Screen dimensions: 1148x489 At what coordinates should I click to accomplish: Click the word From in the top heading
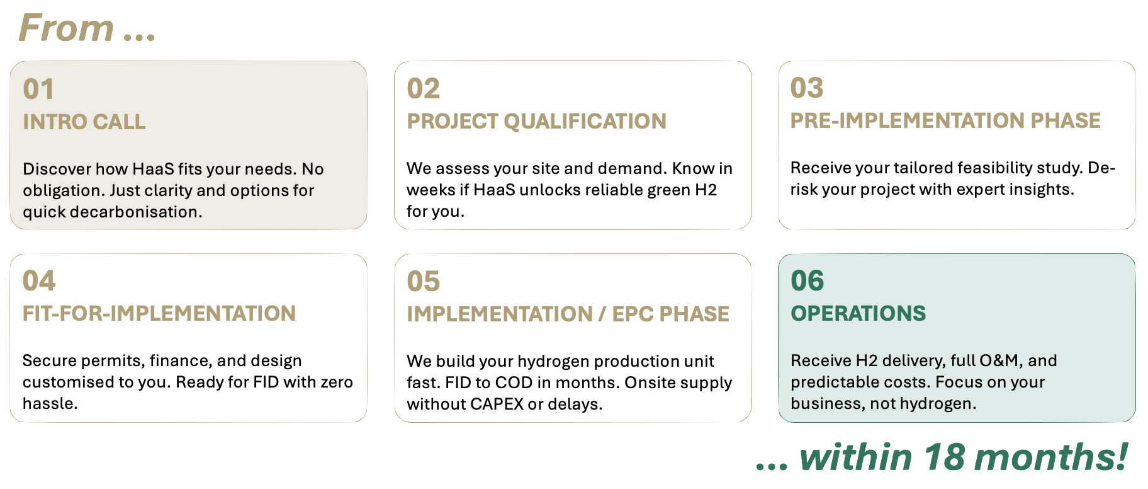66,28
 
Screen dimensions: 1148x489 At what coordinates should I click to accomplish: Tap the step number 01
38,89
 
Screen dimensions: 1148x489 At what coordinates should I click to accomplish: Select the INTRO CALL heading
84,122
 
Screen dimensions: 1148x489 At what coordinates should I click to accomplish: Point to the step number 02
423,89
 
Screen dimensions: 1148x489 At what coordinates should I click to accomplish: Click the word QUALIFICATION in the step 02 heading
585,121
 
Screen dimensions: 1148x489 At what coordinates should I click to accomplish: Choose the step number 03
807,88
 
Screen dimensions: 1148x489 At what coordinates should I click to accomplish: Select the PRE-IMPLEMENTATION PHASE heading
945,120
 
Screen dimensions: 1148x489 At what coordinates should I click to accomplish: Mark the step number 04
39,281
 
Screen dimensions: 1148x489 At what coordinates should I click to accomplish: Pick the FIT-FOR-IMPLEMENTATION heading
159,313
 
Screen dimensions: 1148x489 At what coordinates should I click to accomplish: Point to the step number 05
423,282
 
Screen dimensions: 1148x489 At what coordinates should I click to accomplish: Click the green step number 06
807,281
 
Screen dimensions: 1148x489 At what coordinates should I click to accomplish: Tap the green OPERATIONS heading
858,313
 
